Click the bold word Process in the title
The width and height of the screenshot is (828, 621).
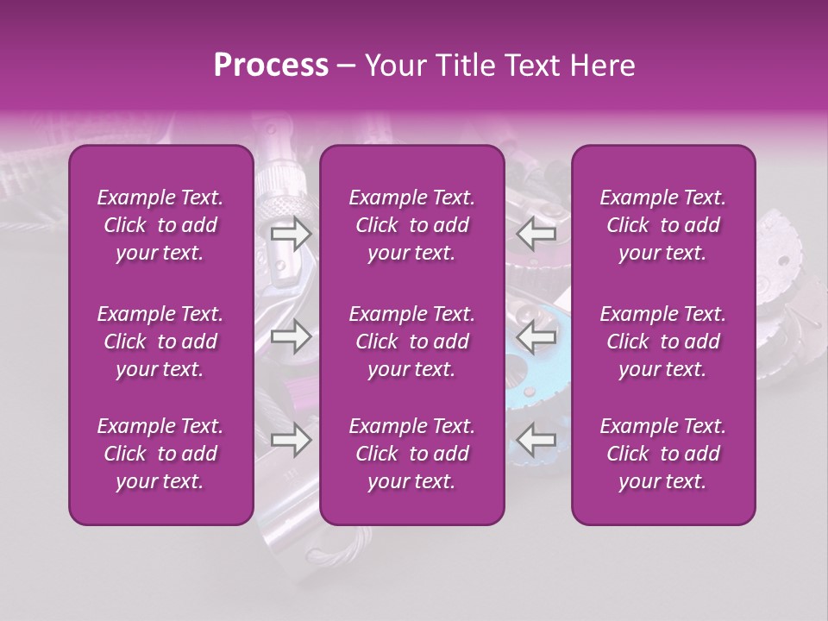pos(271,66)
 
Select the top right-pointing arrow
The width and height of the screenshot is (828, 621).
pos(291,233)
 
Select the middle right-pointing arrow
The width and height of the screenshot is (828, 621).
pos(291,336)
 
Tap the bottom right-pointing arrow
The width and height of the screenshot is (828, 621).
pos(291,441)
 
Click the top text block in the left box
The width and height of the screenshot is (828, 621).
pos(160,225)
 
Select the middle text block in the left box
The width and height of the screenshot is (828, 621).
pos(160,342)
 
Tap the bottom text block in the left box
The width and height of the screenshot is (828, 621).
pos(160,454)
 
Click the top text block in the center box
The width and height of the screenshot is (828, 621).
pos(412,225)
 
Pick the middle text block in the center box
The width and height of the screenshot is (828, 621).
pos(412,342)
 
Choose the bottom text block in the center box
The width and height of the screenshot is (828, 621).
pos(412,454)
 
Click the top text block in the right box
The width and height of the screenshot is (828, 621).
pos(663,225)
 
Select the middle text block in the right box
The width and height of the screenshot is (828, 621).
pos(663,342)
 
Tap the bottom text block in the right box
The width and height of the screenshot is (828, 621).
pos(663,454)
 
